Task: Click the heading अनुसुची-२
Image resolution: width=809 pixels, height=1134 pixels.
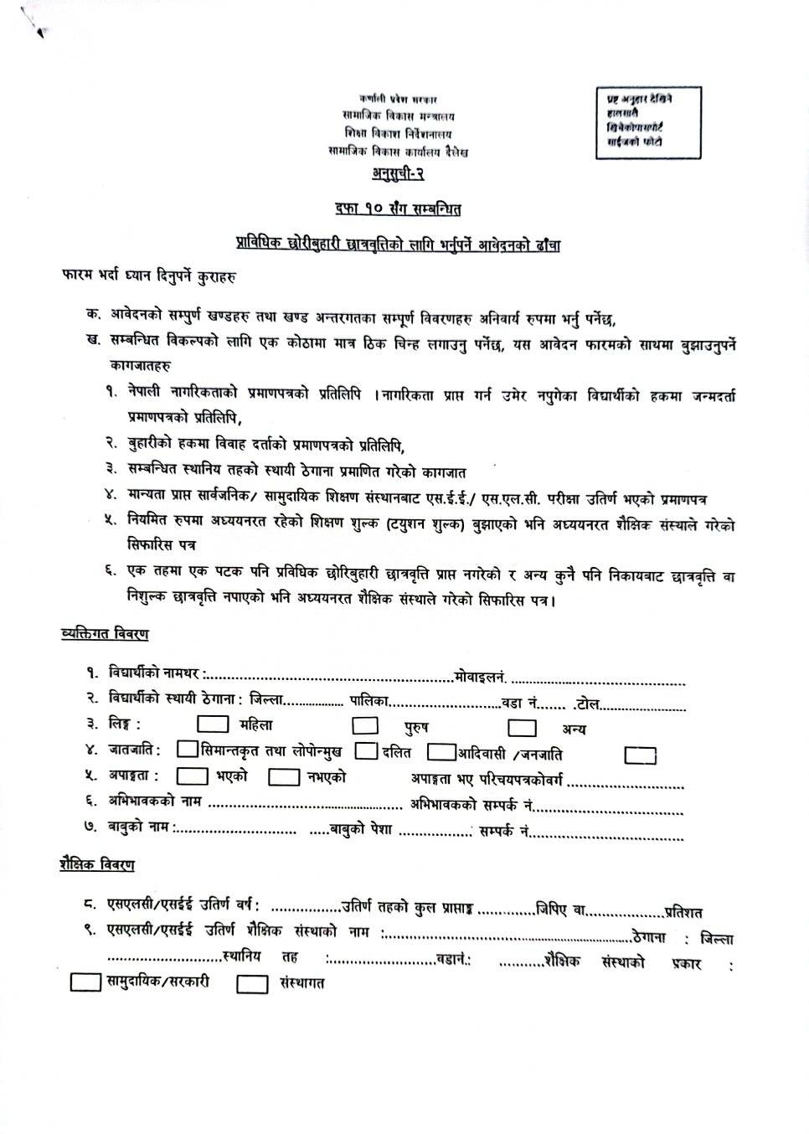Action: tap(398, 173)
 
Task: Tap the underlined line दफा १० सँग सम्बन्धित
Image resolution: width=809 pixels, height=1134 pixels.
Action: tap(397, 208)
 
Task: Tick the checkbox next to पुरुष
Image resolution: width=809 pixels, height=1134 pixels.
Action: tap(364, 726)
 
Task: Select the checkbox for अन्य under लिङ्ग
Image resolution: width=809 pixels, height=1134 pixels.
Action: tap(522, 727)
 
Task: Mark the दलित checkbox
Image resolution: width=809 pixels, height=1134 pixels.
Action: tap(366, 751)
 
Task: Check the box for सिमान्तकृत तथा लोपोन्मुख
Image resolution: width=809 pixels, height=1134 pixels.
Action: tap(188, 750)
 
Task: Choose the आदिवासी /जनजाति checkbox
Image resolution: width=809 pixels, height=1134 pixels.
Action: tap(441, 752)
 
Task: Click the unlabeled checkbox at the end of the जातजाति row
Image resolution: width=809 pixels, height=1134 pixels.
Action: tap(641, 755)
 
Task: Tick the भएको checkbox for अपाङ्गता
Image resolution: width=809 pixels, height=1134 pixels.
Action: tap(193, 777)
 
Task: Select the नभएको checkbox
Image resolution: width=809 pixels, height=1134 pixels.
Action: tap(284, 777)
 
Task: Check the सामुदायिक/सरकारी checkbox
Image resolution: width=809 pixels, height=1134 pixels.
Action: tap(85, 982)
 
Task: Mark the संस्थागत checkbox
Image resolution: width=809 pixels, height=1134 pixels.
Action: tap(252, 984)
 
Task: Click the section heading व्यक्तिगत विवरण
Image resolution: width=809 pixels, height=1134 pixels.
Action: tap(106, 634)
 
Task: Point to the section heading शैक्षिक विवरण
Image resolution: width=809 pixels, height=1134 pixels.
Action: tap(97, 865)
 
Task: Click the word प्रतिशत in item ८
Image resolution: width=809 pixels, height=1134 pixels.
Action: tap(683, 912)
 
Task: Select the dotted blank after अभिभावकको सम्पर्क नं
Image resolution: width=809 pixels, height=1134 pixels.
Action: tap(610, 810)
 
